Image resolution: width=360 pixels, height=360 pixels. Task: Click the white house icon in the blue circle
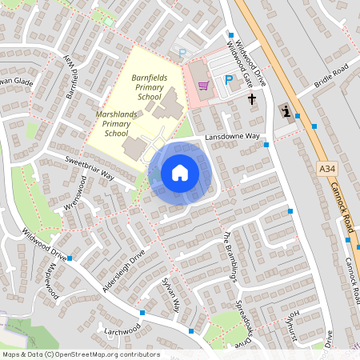pyautogui.click(x=180, y=172)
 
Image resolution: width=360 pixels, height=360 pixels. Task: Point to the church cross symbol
pyautogui.click(x=253, y=99)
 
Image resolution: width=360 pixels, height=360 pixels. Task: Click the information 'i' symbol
pyautogui.click(x=286, y=111)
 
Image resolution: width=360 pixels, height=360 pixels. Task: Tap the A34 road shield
pyautogui.click(x=326, y=170)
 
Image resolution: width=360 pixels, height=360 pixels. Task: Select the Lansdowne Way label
pyautogui.click(x=232, y=138)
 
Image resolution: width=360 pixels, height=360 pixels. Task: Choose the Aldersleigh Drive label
pyautogui.click(x=124, y=270)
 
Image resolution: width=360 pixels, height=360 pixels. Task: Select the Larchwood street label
pyautogui.click(x=121, y=328)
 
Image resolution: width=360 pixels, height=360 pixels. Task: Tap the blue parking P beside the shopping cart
pyautogui.click(x=229, y=81)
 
